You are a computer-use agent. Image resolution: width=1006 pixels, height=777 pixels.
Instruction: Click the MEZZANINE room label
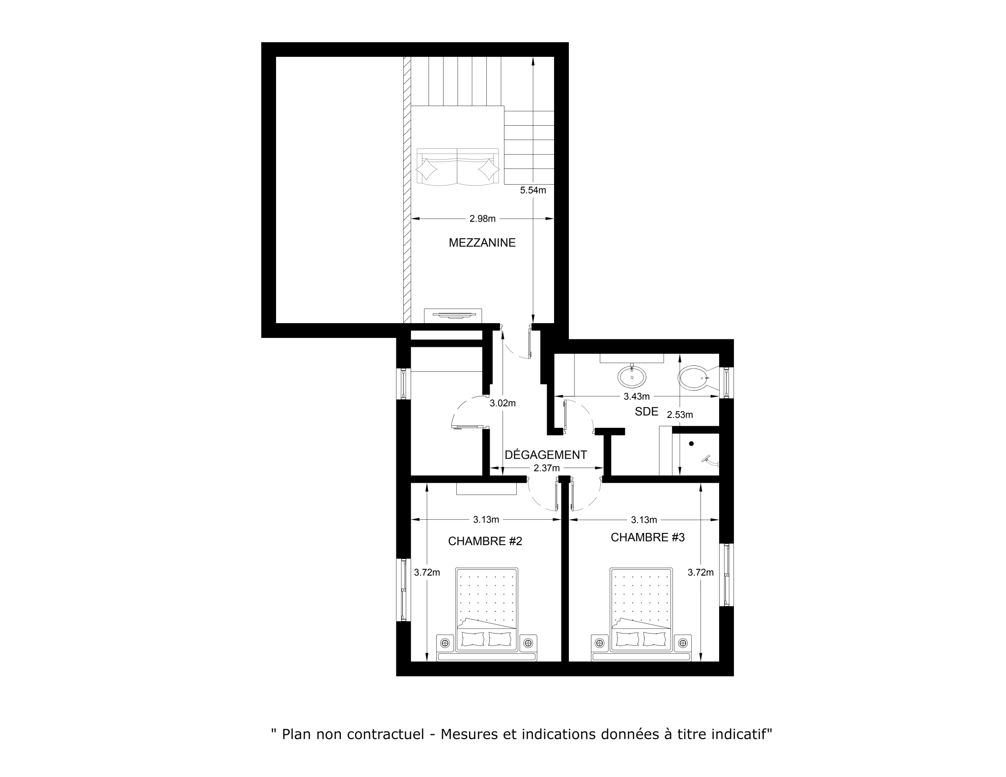tap(482, 243)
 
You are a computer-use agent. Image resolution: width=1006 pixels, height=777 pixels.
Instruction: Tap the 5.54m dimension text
tap(533, 191)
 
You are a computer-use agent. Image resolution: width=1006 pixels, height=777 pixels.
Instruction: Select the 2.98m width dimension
tap(482, 219)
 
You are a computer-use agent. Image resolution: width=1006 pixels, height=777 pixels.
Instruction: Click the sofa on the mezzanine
tap(458, 167)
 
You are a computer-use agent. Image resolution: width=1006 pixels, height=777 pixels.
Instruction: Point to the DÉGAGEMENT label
tap(546, 455)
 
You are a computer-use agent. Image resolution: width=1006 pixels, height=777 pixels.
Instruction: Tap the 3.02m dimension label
tap(503, 404)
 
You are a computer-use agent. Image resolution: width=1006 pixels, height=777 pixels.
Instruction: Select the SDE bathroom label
tap(646, 412)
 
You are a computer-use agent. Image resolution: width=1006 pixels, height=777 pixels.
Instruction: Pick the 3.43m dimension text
tap(637, 396)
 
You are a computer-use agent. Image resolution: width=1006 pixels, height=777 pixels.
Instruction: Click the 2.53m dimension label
tap(680, 415)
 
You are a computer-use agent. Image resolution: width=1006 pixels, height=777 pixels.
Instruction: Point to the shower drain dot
tap(691, 444)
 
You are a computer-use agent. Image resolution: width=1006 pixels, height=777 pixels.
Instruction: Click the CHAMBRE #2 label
tap(485, 541)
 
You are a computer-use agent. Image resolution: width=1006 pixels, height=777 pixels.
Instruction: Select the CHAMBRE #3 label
tap(647, 537)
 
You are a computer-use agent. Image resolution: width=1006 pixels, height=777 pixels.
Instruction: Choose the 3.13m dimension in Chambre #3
tap(644, 520)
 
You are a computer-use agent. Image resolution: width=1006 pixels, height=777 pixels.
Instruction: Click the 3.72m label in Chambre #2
tap(427, 572)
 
